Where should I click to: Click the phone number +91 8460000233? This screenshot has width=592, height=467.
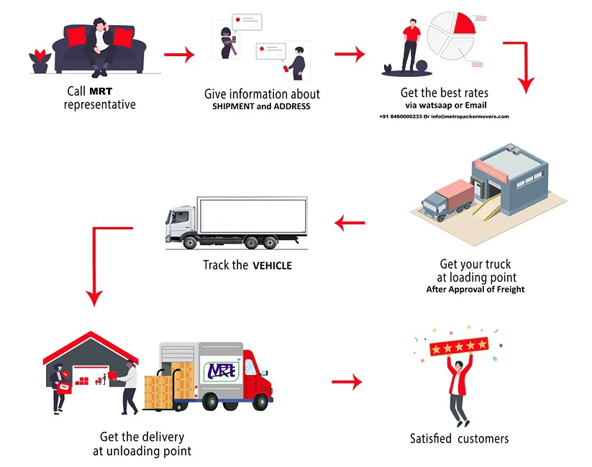[x=400, y=116]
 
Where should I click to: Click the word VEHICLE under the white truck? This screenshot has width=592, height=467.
[x=272, y=266]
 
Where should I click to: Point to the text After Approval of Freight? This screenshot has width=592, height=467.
[x=476, y=290]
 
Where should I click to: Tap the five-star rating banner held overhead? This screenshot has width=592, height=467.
[x=458, y=348]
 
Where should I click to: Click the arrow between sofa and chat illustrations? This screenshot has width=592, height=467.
[x=179, y=54]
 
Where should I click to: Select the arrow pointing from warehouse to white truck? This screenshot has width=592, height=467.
[x=350, y=225]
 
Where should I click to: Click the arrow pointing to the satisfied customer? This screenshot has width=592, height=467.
[x=346, y=382]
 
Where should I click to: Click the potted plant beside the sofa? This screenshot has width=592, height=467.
[x=40, y=60]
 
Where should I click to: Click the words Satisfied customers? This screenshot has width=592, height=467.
[x=459, y=438]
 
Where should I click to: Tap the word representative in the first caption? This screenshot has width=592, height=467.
[x=99, y=105]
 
